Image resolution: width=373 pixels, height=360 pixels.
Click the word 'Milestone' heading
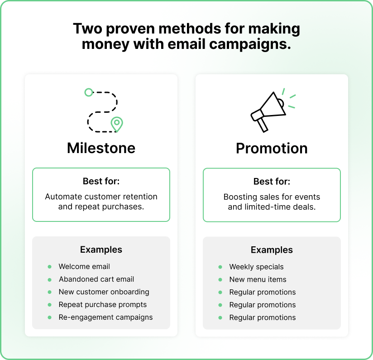[101, 148]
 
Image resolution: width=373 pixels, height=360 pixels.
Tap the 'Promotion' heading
[272, 148]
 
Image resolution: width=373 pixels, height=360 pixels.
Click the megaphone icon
[273, 110]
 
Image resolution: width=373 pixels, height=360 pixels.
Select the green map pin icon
[117, 124]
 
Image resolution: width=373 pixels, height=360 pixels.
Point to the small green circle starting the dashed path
[89, 92]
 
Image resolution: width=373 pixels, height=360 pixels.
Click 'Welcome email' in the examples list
[84, 266]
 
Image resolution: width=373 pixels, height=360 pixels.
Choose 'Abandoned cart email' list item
[96, 279]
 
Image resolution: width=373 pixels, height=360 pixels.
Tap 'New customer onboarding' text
[104, 292]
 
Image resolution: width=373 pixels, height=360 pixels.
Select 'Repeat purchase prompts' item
[102, 305]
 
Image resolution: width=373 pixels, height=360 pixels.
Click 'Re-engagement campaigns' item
[105, 317]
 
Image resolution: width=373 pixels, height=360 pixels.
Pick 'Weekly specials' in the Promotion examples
[256, 267]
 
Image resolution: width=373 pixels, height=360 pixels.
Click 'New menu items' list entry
[258, 279]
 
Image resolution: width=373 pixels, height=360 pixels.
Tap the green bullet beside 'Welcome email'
[49, 267]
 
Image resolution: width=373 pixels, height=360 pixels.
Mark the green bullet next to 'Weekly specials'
[220, 267]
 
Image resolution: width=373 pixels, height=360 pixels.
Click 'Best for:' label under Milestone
[101, 181]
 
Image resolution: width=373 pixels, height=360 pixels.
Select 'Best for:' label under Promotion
[272, 182]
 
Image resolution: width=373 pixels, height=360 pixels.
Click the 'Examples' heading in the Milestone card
[101, 250]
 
